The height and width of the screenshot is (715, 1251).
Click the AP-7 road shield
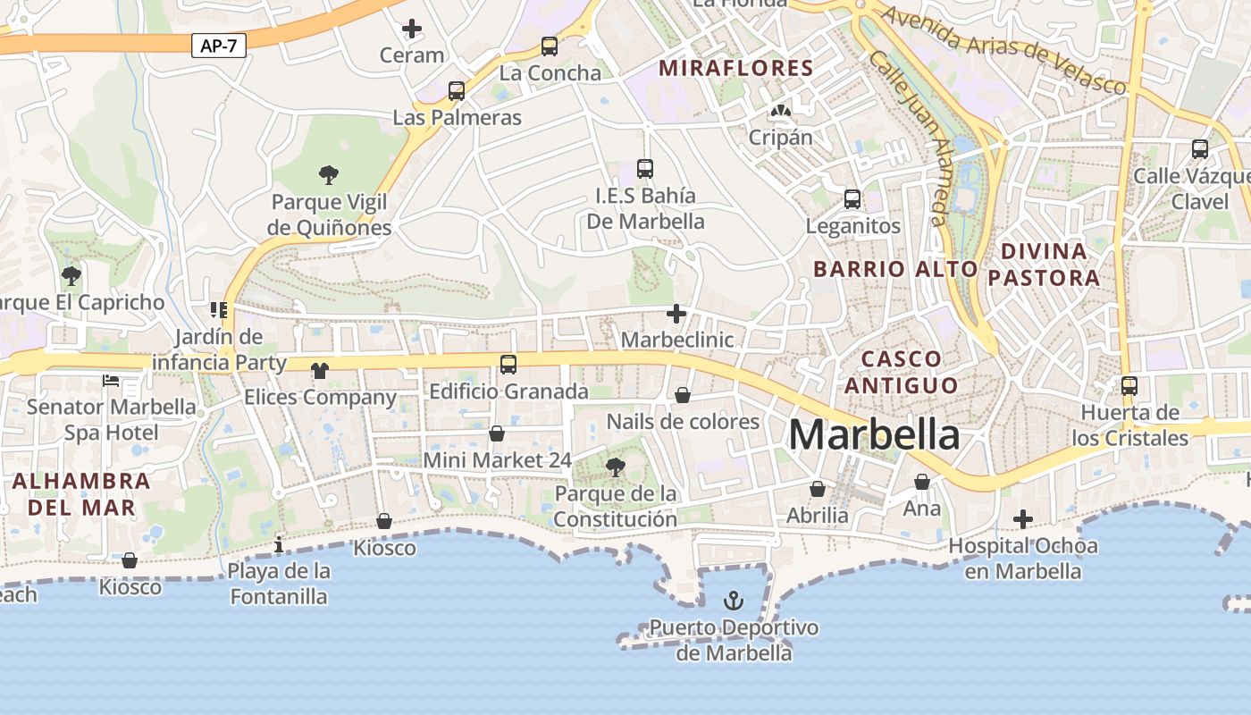pyautogui.click(x=218, y=46)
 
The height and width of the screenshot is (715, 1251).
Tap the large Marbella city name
pyautogui.click(x=874, y=435)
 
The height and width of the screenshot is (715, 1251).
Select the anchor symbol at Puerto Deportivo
pyautogui.click(x=734, y=600)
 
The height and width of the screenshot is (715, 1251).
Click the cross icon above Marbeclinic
pyautogui.click(x=676, y=314)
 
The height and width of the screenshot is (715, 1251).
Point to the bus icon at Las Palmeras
pyautogui.click(x=457, y=90)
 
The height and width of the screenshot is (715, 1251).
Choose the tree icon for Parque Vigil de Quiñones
pyautogui.click(x=329, y=174)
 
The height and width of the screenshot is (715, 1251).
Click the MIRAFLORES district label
pyautogui.click(x=736, y=68)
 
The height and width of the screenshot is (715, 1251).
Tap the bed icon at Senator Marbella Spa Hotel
pyautogui.click(x=111, y=381)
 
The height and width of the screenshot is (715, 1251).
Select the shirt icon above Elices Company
pyautogui.click(x=319, y=370)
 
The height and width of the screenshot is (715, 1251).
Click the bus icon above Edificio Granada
pyautogui.click(x=508, y=364)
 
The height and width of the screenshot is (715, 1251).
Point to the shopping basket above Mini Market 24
pyautogui.click(x=497, y=433)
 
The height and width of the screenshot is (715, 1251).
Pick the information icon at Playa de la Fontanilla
pyautogui.click(x=279, y=543)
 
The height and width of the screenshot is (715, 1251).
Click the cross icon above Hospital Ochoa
pyautogui.click(x=1023, y=519)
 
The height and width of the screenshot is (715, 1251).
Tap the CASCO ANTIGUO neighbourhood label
pyautogui.click(x=902, y=372)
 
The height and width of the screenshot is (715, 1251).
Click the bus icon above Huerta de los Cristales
pyautogui.click(x=1129, y=385)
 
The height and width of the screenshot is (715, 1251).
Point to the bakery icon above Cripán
pyautogui.click(x=780, y=111)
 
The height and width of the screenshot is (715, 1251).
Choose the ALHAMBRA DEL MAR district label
pyautogui.click(x=81, y=494)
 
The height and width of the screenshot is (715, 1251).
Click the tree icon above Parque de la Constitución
pyautogui.click(x=615, y=466)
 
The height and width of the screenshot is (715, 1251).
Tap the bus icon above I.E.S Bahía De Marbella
pyautogui.click(x=645, y=168)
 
